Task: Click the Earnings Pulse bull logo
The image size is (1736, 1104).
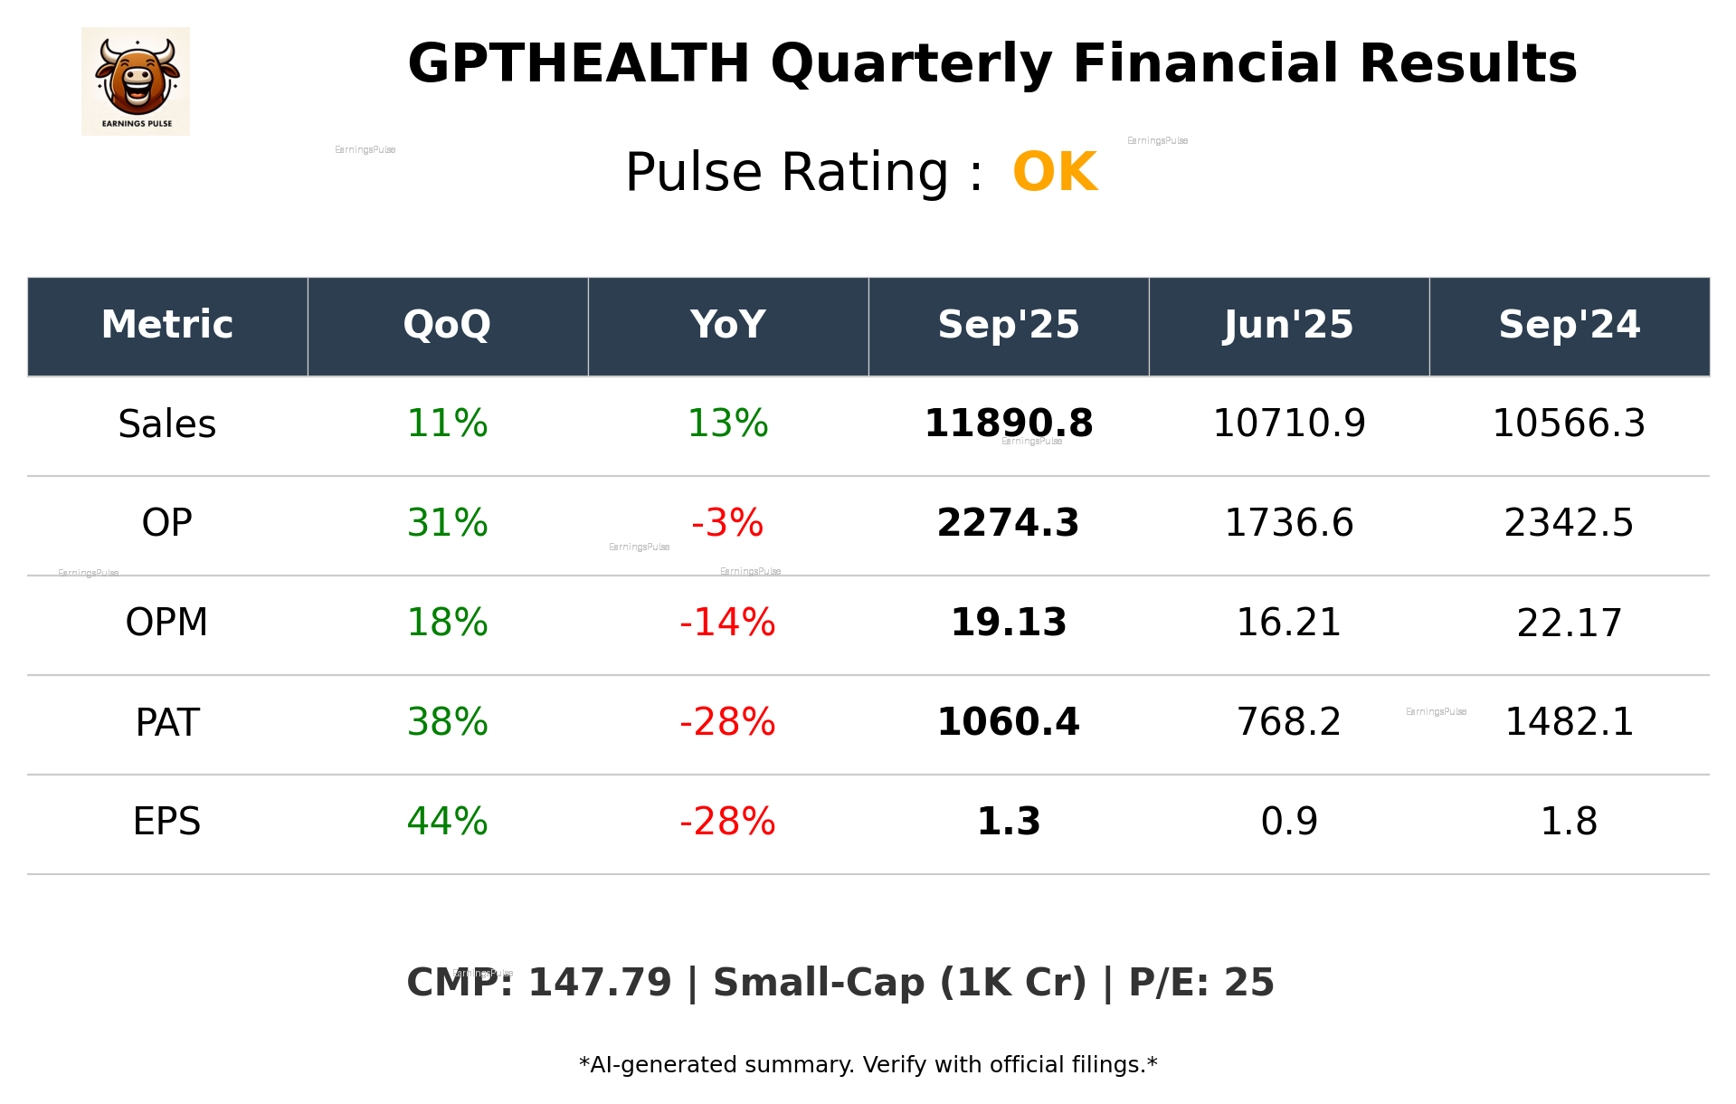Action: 136,81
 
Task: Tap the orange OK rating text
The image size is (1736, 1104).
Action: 1055,172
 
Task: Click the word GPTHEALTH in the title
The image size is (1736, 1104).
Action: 578,64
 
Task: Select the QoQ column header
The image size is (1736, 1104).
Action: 447,325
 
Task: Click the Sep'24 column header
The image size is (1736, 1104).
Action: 1569,325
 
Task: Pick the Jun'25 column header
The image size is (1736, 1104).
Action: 1288,325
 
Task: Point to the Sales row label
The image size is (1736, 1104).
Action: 167,424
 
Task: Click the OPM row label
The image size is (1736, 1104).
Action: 167,623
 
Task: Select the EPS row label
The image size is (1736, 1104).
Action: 167,822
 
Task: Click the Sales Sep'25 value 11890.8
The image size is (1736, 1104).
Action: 1008,424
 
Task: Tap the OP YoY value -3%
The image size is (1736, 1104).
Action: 727,523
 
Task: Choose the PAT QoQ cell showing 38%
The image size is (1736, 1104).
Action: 447,722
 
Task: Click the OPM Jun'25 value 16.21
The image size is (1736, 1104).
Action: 1288,623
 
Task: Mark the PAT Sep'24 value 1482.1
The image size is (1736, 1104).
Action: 1569,722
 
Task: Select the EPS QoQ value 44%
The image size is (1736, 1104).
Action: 447,822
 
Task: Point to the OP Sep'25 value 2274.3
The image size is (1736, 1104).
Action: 1008,523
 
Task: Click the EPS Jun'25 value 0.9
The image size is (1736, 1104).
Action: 1288,822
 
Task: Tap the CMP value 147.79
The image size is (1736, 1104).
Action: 600,984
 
